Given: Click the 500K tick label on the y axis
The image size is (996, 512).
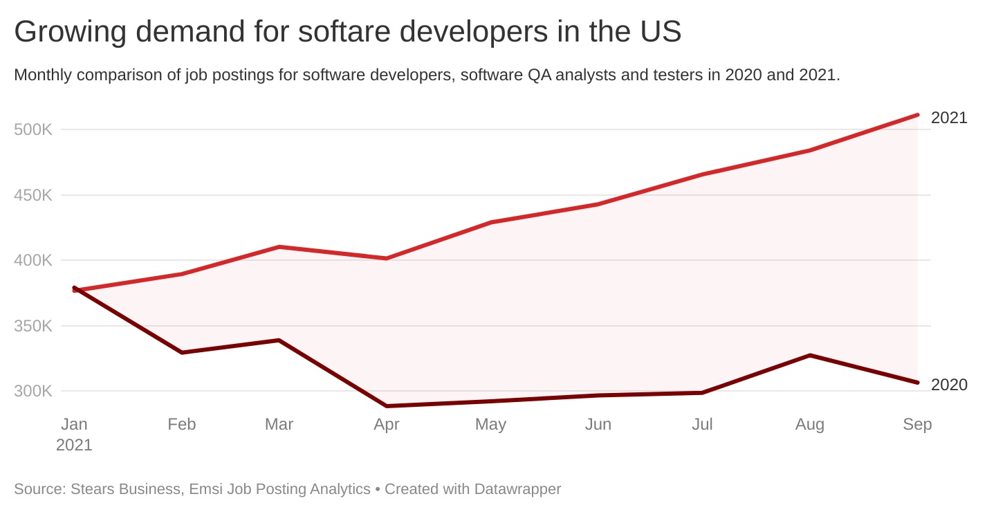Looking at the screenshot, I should point(33,129).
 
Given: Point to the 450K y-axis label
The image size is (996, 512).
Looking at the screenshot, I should point(33,195).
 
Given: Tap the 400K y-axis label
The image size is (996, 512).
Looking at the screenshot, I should point(33,261).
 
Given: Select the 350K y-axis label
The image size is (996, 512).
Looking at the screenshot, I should point(33,326).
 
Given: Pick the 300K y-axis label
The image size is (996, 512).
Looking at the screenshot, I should point(33,391).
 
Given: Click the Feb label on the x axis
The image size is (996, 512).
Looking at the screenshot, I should point(181,424).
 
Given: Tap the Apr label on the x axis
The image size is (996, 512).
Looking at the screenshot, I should point(386,424).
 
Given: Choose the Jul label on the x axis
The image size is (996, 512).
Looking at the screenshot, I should point(702,424).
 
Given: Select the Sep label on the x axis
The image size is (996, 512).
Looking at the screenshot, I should point(917,424).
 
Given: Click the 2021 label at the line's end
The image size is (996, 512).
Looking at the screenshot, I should point(949,118).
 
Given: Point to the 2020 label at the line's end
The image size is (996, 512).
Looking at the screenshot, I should point(949,385).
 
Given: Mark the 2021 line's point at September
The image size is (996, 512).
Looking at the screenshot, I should point(917,115).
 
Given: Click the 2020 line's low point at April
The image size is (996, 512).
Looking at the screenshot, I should point(386,406).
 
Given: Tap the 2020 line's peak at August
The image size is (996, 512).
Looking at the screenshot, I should point(809,355).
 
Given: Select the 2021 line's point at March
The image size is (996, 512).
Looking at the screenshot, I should point(279,247).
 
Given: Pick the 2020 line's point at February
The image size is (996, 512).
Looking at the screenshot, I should point(181,353).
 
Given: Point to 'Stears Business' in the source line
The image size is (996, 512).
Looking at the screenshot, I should point(124,489).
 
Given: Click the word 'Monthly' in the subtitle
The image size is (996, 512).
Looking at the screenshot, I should point(43,75).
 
